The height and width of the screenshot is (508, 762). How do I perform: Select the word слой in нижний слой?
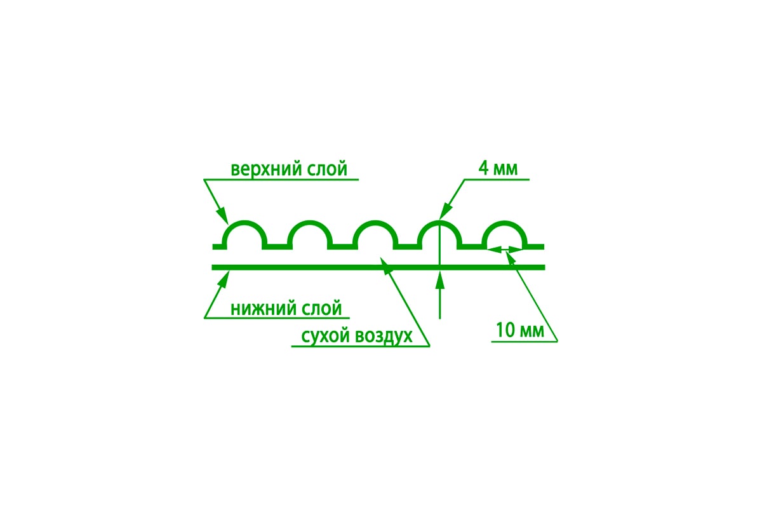click(x=321, y=309)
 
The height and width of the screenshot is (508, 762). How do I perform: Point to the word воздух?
click(x=384, y=336)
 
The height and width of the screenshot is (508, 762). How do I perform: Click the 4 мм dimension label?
click(x=498, y=168)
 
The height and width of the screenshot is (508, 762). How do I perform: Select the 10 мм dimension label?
click(x=520, y=330)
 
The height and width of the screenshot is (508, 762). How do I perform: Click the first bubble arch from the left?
click(x=244, y=222)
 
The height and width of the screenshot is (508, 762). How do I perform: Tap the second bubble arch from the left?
click(x=310, y=222)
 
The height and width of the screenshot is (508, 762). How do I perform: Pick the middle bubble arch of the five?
click(x=375, y=222)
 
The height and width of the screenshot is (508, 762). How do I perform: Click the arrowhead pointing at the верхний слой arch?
click(x=223, y=215)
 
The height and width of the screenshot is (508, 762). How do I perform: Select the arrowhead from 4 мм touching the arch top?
click(x=446, y=211)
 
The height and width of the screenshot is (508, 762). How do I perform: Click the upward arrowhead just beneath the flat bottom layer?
click(x=440, y=279)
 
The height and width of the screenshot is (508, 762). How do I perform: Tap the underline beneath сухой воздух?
click(x=361, y=346)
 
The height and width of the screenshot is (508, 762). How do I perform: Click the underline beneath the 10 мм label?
click(x=525, y=341)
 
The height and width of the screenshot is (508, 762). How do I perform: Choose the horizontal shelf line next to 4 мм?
click(x=497, y=179)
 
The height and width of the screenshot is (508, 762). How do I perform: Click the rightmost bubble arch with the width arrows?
click(x=505, y=222)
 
